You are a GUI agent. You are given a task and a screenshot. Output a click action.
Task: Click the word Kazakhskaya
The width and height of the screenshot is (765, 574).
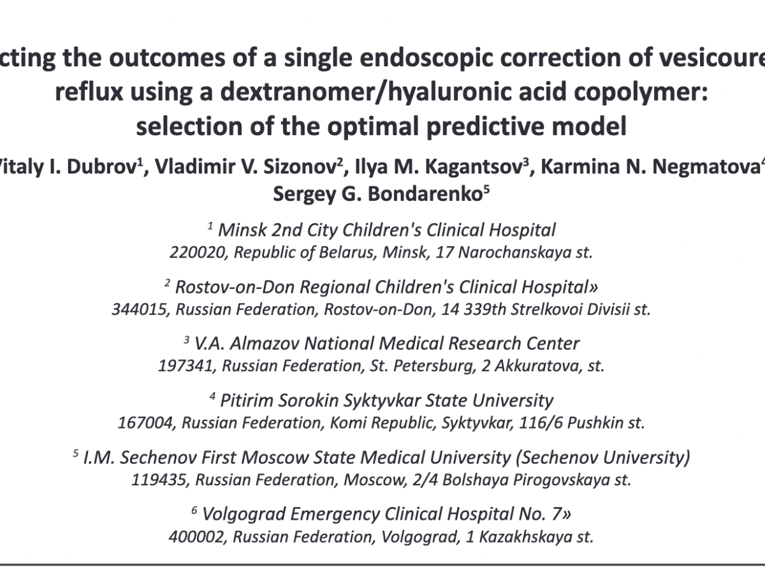click(520, 537)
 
